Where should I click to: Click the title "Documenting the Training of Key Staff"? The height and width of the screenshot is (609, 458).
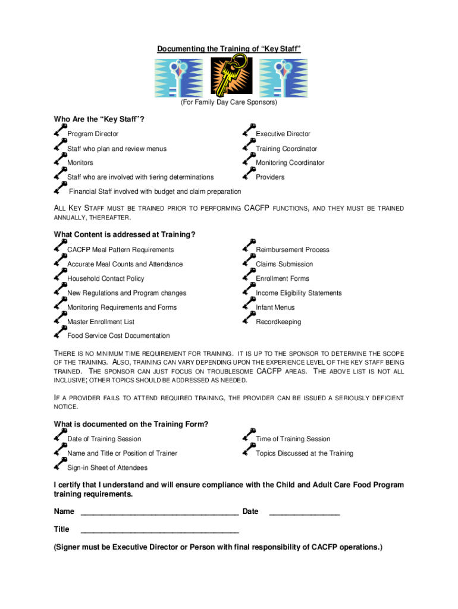click(x=229, y=49)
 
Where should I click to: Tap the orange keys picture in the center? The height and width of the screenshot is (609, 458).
click(x=228, y=76)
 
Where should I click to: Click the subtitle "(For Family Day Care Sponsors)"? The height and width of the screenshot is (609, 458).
click(x=229, y=103)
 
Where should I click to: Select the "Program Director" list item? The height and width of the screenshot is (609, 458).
click(x=93, y=134)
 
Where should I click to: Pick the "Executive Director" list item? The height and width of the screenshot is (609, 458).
click(x=283, y=134)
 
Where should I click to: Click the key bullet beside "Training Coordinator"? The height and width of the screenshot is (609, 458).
click(x=249, y=145)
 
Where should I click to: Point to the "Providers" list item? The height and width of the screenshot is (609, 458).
click(x=270, y=177)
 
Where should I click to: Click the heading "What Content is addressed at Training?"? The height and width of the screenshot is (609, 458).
click(x=125, y=235)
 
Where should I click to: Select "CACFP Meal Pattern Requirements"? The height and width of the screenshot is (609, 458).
click(x=121, y=250)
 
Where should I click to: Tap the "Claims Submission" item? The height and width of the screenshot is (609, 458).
click(x=284, y=264)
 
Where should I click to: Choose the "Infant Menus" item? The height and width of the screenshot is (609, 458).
click(x=275, y=307)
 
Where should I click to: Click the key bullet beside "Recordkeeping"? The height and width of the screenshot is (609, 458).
click(x=249, y=318)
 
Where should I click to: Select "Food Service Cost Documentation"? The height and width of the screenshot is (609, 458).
click(x=118, y=336)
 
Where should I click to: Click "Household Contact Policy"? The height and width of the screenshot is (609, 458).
click(x=106, y=279)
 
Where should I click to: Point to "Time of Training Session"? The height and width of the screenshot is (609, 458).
click(x=293, y=439)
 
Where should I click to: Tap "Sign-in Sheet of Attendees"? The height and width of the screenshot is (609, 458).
click(x=108, y=468)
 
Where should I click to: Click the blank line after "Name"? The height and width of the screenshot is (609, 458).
click(x=159, y=511)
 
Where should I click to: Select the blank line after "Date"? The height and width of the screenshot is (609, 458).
click(x=305, y=511)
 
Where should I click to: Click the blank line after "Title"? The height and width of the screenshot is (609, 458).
click(x=159, y=529)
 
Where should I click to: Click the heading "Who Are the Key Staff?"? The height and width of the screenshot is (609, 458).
click(x=99, y=120)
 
